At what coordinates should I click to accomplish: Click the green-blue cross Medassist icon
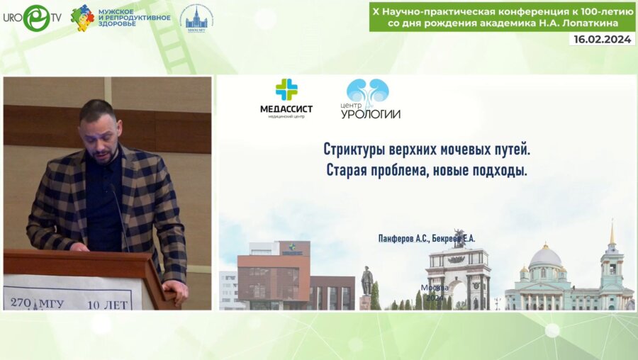[286, 90]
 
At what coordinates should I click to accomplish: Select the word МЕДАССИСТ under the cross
[286, 108]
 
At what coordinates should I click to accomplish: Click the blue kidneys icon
[367, 91]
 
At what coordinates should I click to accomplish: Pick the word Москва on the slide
[435, 288]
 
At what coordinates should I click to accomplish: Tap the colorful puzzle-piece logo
[82, 18]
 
